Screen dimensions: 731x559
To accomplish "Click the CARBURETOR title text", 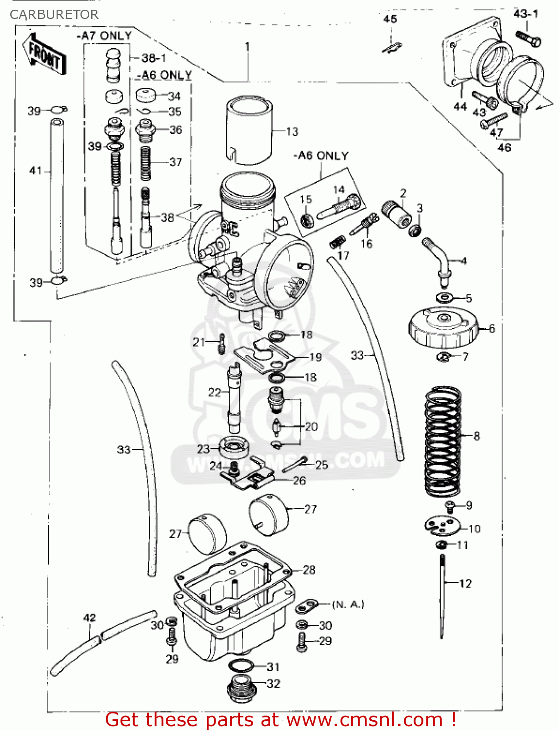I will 54,15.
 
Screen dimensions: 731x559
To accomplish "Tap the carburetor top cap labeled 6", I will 443,328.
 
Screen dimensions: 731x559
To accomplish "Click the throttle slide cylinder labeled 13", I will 249,129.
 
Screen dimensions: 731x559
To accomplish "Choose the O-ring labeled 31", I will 241,666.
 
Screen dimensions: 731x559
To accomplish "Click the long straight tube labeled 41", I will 57,195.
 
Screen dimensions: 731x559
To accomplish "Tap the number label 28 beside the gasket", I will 309,570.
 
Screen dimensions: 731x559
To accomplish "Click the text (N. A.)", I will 348,604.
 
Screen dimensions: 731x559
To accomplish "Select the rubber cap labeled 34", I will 148,95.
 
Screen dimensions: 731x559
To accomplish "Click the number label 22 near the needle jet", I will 215,392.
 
